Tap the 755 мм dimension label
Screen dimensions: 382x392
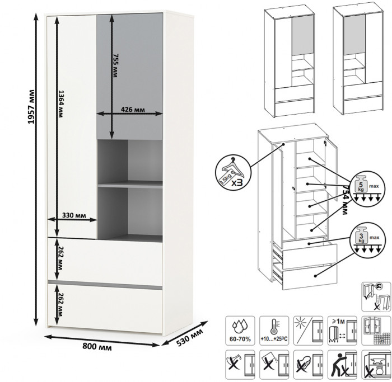point(116,65)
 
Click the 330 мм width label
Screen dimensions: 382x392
point(73,215)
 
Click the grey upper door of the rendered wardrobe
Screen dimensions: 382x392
point(130,76)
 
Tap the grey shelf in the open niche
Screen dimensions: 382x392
point(130,184)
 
